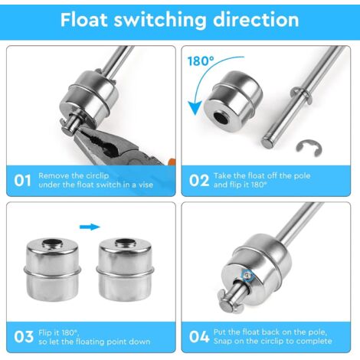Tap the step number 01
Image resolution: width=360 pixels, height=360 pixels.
[23, 180]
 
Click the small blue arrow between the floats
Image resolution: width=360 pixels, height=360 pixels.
[90, 227]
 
